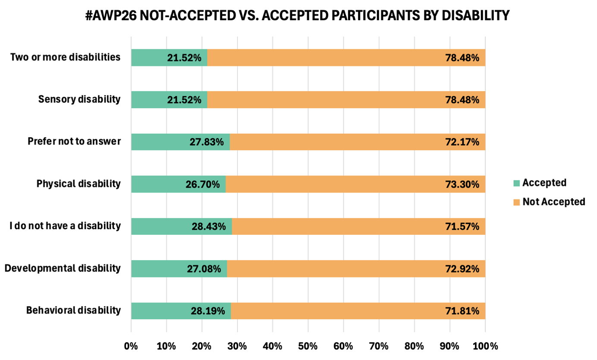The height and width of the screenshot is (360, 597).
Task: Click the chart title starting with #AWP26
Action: click(x=298, y=16)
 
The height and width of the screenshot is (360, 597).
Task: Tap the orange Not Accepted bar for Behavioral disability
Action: click(x=336, y=311)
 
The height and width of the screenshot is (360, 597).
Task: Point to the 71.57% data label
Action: click(x=462, y=227)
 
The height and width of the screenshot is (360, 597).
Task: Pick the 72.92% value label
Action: click(x=462, y=269)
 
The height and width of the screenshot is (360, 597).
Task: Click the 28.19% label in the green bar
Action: click(x=208, y=311)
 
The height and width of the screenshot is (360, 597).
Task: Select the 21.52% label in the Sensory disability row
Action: click(x=184, y=100)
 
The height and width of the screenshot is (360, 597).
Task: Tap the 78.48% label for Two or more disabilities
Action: click(x=462, y=57)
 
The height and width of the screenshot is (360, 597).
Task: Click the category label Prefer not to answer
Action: click(x=74, y=141)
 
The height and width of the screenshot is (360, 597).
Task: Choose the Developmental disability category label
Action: click(x=63, y=268)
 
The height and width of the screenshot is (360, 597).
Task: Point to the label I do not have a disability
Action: click(x=65, y=226)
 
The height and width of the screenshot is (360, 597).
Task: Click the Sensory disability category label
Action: click(x=79, y=99)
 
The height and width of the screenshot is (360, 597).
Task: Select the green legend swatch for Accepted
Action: click(x=517, y=183)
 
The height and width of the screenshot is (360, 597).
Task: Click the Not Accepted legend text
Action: click(x=553, y=202)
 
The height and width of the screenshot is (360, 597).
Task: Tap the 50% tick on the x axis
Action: click(x=308, y=346)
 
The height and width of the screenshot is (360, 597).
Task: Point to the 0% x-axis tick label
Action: click(x=131, y=346)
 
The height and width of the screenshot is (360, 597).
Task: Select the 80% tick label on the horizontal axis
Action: click(x=414, y=346)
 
